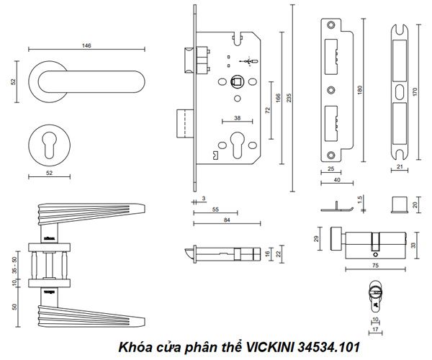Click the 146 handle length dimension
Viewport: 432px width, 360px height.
86,45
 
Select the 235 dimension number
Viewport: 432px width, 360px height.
289,100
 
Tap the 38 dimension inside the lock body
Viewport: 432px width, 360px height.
236,120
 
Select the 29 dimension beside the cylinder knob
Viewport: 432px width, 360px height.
318,238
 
